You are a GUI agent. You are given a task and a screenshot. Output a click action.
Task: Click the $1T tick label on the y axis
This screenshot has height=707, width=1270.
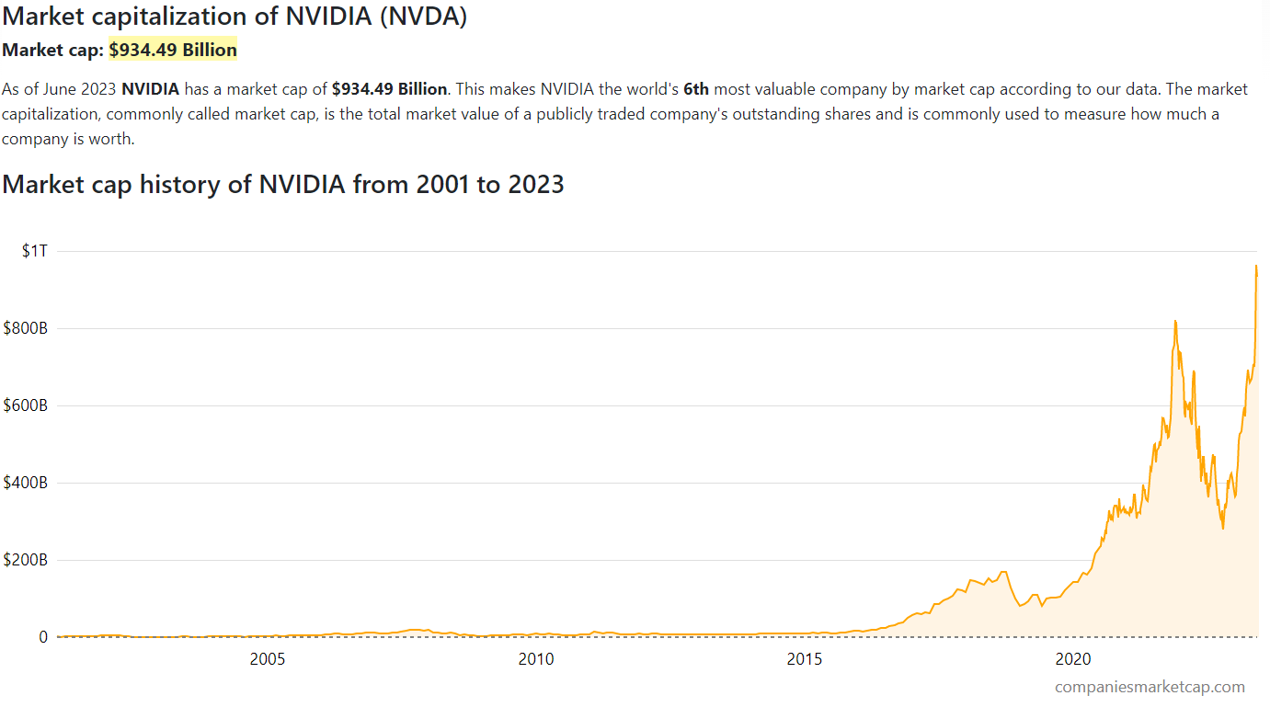tap(34, 251)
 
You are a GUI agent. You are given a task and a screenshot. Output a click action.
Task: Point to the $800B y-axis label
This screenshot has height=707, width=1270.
tap(26, 328)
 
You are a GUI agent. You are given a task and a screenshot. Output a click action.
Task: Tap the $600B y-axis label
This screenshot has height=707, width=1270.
tap(26, 405)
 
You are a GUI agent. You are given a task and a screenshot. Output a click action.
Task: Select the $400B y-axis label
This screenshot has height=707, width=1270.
tap(26, 483)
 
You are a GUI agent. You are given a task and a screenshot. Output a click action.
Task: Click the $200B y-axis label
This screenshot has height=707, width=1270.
tap(26, 560)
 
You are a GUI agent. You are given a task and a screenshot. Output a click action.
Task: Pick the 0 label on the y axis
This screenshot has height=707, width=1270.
tap(42, 637)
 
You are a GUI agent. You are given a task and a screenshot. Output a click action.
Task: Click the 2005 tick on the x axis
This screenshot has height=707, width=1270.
tap(267, 659)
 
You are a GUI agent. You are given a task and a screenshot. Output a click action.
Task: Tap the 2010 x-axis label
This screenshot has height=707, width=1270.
tap(535, 659)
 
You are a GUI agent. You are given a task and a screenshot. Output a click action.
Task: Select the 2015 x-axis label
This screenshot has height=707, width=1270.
tap(804, 659)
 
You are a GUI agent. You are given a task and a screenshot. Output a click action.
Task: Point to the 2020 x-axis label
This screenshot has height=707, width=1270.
tap(1072, 659)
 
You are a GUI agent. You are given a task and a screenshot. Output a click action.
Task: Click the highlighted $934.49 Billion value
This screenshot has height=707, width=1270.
tap(173, 50)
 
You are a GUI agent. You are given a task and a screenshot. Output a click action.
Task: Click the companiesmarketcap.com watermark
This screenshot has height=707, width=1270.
tap(1150, 687)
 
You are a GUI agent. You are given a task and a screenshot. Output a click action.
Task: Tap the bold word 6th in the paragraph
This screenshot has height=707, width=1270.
tap(696, 89)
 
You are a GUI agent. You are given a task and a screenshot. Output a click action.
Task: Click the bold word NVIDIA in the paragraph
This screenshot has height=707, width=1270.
tap(150, 89)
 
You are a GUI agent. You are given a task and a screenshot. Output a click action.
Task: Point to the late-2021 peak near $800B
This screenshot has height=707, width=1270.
tap(1175, 321)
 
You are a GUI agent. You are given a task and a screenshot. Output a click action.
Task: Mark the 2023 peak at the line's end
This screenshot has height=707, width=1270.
tap(1256, 266)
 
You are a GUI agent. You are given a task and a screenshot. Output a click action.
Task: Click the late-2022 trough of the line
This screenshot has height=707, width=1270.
tap(1222, 528)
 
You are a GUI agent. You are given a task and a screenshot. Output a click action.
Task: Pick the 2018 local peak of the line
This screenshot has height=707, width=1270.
tap(1003, 572)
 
